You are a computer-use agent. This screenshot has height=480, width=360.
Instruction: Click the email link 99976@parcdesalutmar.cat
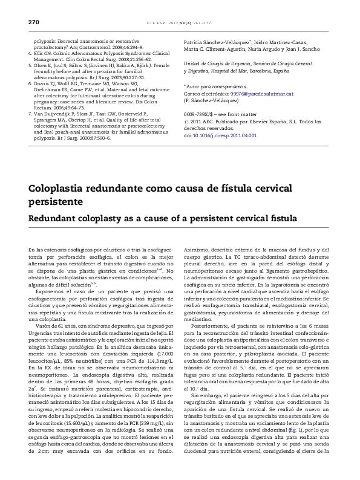click(x=263, y=94)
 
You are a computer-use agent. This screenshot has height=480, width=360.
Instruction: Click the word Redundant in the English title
click(x=56, y=216)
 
